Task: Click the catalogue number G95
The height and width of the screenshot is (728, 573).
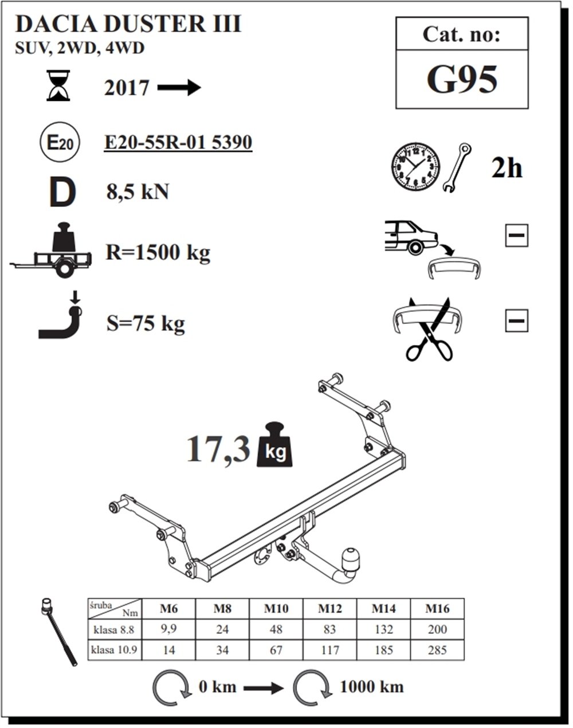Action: click(x=462, y=80)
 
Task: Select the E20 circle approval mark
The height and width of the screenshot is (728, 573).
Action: click(x=60, y=143)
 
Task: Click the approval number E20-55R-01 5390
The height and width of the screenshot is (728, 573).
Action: click(x=178, y=142)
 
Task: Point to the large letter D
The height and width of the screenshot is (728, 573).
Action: click(x=62, y=193)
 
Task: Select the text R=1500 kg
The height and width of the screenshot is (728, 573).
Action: click(x=158, y=252)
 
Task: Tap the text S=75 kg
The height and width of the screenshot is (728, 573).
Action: click(x=146, y=324)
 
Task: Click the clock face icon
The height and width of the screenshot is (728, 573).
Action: click(x=415, y=167)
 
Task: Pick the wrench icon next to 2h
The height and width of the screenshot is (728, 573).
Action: click(x=457, y=167)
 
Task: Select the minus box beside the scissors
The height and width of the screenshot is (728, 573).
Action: click(x=516, y=320)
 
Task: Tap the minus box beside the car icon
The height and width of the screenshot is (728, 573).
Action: click(x=516, y=236)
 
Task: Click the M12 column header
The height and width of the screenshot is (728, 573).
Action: click(x=329, y=608)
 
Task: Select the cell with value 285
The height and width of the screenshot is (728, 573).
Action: click(x=437, y=650)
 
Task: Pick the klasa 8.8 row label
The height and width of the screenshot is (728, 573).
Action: click(x=114, y=629)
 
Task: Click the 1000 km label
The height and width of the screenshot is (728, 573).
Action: click(x=371, y=686)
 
